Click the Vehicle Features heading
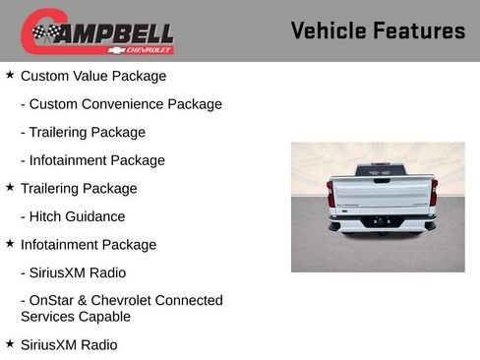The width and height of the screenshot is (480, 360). tap(378, 31)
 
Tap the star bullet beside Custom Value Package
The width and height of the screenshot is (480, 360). tap(10, 75)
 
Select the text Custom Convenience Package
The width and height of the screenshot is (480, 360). tap(126, 104)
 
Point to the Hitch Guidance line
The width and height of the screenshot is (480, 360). tap(78, 216)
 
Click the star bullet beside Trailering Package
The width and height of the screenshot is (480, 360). tap(10, 187)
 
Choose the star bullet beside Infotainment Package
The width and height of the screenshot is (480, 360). tap(10, 243)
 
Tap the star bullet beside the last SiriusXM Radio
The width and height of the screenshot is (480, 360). tap(10, 344)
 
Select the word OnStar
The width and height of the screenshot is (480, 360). tap(54, 300)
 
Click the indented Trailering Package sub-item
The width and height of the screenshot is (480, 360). tap(88, 132)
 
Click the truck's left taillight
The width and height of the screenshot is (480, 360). tap(331, 193)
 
